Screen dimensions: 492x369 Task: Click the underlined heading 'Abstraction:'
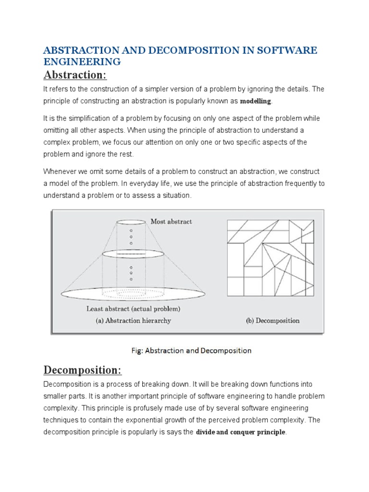click(x=75, y=76)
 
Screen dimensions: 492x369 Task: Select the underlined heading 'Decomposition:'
click(x=83, y=370)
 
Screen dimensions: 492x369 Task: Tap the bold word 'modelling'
click(x=256, y=101)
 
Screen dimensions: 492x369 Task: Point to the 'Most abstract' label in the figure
click(x=171, y=221)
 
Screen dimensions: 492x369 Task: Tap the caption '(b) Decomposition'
click(x=272, y=320)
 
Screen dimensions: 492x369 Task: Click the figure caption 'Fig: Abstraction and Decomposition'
click(x=191, y=351)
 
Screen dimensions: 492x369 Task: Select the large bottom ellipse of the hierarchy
click(x=133, y=292)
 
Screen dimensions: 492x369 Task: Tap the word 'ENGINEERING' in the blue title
click(x=82, y=62)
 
